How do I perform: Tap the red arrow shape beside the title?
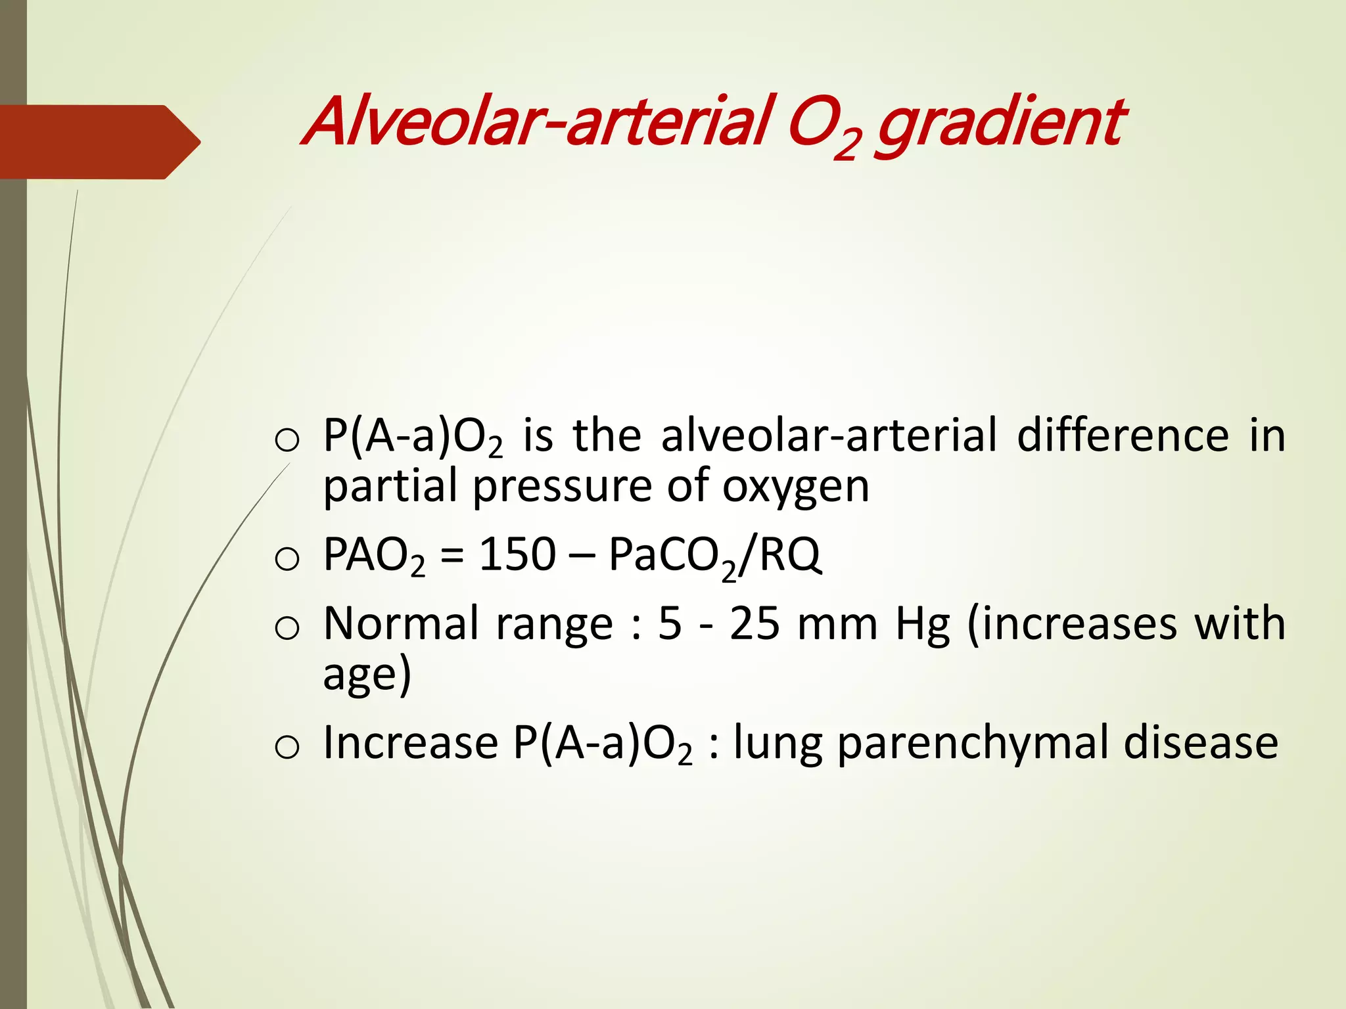[99, 142]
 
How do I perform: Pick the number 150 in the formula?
[517, 555]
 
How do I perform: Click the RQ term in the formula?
[790, 555]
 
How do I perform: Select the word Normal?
[401, 624]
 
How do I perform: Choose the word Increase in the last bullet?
[411, 742]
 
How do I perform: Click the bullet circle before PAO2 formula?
[287, 560]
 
